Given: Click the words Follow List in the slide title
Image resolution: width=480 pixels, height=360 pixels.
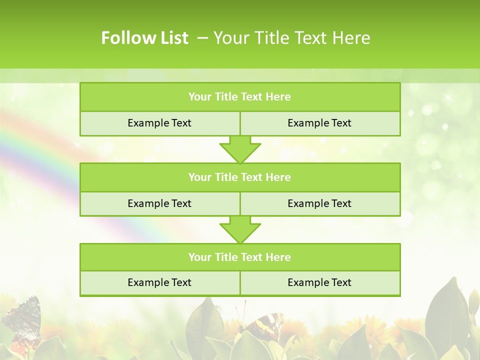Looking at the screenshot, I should tap(144, 38).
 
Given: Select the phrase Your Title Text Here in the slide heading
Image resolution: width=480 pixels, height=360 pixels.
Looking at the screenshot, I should tap(291, 38).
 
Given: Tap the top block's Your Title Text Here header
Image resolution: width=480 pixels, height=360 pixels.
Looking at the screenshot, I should tap(239, 97).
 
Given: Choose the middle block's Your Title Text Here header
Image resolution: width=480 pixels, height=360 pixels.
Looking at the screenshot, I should tap(239, 177).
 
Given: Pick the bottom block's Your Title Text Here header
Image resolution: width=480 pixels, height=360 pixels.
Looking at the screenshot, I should tap(239, 257).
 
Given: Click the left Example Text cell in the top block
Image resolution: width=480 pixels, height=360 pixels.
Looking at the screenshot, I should tap(159, 123).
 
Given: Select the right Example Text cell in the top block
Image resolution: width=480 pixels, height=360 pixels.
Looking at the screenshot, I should tap(319, 123).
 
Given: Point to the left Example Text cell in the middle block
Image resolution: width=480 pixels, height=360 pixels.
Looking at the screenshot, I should tap(159, 203).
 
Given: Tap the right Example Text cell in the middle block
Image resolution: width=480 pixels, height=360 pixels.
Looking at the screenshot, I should tap(319, 203).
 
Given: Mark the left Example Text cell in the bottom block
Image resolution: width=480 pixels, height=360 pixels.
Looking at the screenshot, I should tap(159, 282).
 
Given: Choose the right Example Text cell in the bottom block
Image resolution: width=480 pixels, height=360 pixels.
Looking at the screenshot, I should tap(319, 282).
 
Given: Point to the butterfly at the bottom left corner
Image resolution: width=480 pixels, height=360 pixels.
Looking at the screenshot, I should tap(22, 320).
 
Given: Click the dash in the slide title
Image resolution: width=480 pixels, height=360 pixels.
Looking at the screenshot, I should tap(202, 38).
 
